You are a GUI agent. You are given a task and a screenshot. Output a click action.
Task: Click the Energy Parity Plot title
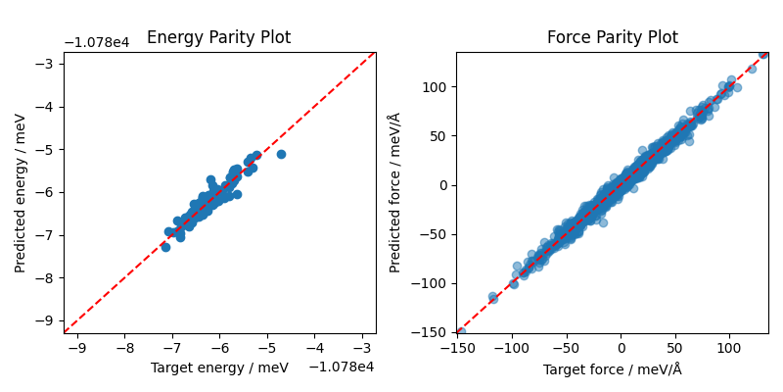tap(218, 38)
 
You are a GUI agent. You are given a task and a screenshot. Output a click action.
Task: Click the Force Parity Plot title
tap(612, 38)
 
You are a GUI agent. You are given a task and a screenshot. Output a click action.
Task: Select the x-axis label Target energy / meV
tap(219, 367)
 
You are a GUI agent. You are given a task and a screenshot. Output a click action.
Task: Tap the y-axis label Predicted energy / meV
tap(21, 193)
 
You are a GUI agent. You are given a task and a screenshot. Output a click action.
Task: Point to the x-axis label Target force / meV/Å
tap(612, 368)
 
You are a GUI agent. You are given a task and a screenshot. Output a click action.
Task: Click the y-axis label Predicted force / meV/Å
tap(395, 192)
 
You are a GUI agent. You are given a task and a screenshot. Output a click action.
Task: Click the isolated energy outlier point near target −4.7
tap(281, 154)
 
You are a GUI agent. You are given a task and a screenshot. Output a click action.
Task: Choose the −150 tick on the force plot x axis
tap(457, 347)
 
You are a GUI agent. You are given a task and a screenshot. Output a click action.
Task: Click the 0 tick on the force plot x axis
tap(621, 347)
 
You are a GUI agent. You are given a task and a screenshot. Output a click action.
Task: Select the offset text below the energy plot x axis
tap(342, 367)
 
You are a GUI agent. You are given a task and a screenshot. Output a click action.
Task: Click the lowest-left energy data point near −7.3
tap(165, 247)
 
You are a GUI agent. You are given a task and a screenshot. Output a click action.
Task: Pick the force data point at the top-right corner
tap(763, 54)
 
